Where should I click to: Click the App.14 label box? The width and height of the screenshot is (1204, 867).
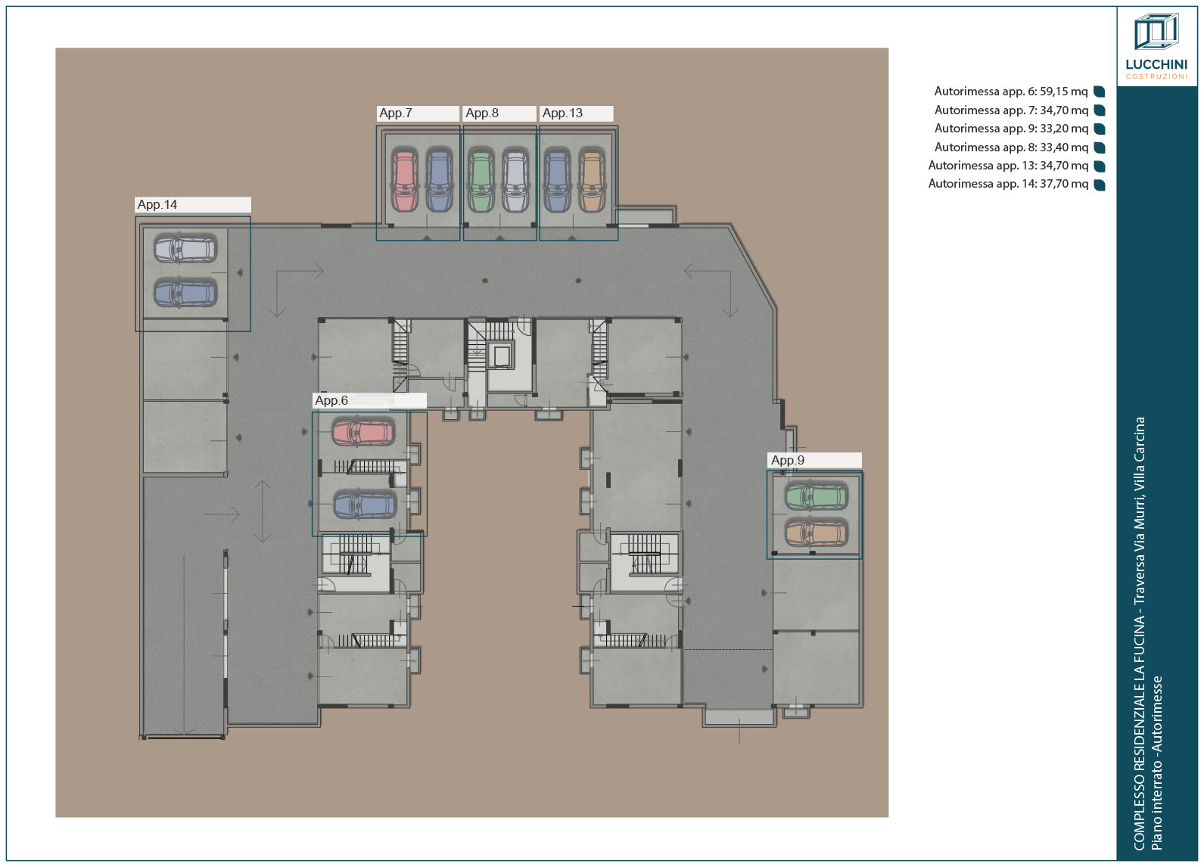pos(192,205)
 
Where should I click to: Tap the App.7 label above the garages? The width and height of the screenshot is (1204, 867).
pos(418,113)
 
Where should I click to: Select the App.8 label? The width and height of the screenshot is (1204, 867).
pos(500,113)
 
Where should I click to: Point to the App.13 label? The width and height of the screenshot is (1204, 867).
pos(577,113)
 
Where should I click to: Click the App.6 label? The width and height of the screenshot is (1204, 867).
pos(370,400)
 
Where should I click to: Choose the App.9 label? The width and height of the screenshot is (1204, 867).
pos(815,460)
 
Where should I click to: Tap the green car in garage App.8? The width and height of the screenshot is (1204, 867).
pos(481,180)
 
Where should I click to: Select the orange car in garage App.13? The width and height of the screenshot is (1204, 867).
pos(592,180)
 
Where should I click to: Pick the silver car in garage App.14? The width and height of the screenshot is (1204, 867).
pos(185,249)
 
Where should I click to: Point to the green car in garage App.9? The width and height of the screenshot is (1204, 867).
pos(817,496)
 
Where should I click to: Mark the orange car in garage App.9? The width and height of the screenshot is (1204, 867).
pos(817,532)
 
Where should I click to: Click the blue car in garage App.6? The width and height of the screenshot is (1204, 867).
pos(365,505)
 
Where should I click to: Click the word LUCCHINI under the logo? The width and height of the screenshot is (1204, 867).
pos(1156,64)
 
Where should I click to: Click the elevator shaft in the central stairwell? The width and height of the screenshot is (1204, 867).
pos(502,356)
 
